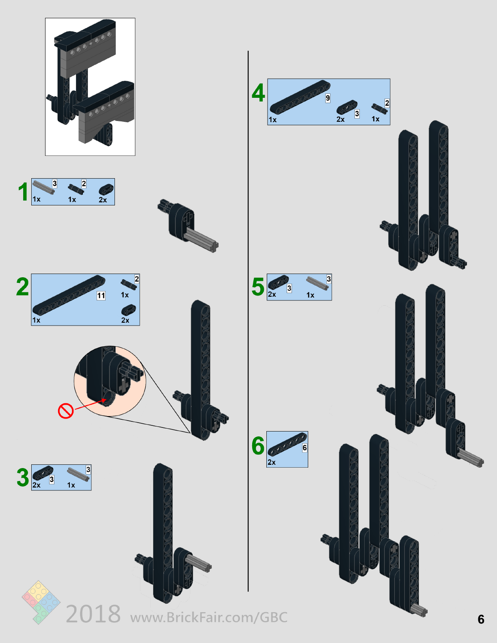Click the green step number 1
coord(23,192)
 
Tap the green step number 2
coord(22,286)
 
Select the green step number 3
coord(23,477)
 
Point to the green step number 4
coord(258,93)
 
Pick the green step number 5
coord(258,287)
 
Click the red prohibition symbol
coord(66,411)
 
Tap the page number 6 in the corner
coord(481,619)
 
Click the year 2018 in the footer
coord(93,614)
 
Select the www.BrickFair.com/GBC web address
coord(209,617)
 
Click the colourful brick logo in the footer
coord(41,602)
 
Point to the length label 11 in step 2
coord(101,295)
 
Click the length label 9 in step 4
coord(328,98)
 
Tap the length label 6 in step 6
coord(305,448)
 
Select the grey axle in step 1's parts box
coord(43,187)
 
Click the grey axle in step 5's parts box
coord(317,283)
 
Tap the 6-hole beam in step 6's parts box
coord(287,444)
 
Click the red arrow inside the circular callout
coord(91,404)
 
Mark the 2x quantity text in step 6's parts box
coord(271,462)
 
